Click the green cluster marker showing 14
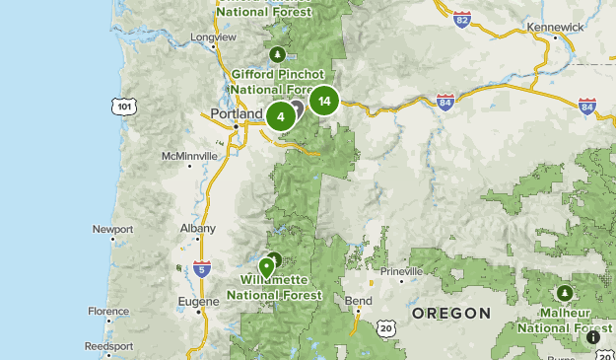tap(324, 101)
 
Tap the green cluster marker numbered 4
tap(281, 116)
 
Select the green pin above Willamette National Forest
tap(266, 266)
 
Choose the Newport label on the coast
tap(112, 229)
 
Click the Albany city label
tap(197, 228)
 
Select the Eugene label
tap(198, 302)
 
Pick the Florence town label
tap(107, 311)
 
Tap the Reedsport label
tap(108, 346)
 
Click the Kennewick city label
tap(555, 27)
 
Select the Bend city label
tap(358, 300)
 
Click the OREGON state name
tap(450, 313)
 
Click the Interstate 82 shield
tap(463, 19)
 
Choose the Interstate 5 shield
tap(202, 267)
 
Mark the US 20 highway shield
tap(385, 327)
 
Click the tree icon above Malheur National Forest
tap(564, 293)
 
